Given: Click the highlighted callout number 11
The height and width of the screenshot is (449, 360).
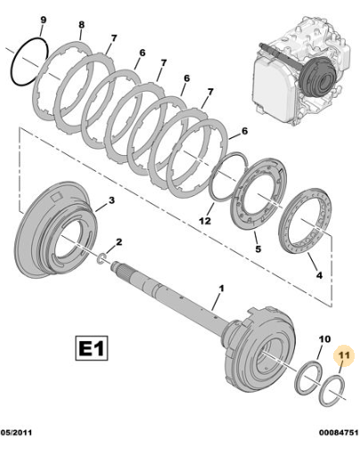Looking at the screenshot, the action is (344, 355).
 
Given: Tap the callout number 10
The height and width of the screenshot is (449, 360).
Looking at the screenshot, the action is (324, 339).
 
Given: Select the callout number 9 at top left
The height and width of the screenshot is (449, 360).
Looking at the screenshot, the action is (44, 20).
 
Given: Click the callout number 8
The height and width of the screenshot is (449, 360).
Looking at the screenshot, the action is (82, 25).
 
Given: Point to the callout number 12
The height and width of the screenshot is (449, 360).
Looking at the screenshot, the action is (205, 221).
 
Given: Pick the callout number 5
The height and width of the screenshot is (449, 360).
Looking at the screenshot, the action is (258, 249).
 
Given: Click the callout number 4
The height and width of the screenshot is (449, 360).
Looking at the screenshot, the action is (319, 275).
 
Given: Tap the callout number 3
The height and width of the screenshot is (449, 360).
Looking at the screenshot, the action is (111, 200).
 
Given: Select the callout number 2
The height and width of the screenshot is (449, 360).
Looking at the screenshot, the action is (119, 242).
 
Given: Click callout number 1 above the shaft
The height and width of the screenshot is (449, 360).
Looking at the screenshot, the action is (221, 288).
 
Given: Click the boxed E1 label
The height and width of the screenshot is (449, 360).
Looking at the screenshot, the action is (92, 348).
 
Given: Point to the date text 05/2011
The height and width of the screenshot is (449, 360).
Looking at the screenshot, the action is (16, 432).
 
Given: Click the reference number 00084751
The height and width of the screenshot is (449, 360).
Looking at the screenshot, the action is (339, 432).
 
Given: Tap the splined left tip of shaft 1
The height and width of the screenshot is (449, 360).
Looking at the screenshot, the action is (117, 266).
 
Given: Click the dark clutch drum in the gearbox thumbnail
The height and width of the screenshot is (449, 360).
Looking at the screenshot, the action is (317, 77).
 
